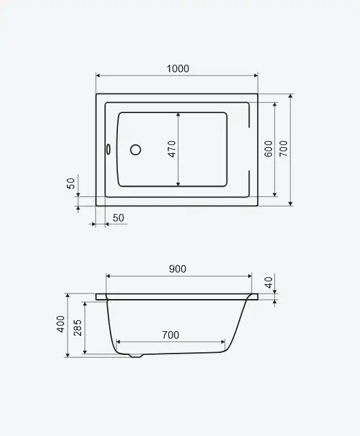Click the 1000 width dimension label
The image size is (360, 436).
click(178, 68)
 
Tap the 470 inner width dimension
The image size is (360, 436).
click(172, 149)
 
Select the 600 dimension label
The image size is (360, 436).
click(268, 149)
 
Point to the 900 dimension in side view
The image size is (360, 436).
click(177, 269)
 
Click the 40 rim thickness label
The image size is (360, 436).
click(269, 283)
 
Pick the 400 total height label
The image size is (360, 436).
click(61, 324)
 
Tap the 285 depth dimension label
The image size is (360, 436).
click(78, 328)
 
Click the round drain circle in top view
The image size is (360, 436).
click(136, 150)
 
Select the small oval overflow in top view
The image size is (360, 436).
click(108, 149)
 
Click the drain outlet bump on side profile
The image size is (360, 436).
click(136, 356)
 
